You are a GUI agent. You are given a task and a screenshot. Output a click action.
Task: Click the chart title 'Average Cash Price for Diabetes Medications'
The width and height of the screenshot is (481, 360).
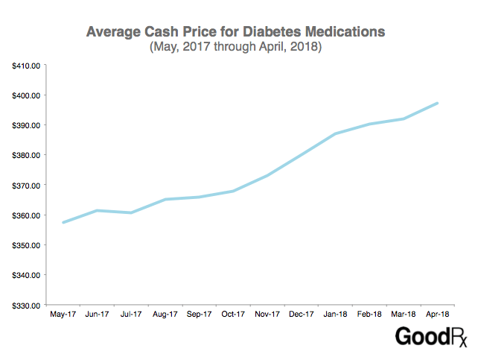pos(235,32)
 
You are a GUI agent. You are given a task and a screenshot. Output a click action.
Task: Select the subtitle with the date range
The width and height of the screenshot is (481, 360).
pos(235,48)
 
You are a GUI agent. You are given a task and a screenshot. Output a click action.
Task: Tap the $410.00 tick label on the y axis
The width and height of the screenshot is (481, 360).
pos(26,66)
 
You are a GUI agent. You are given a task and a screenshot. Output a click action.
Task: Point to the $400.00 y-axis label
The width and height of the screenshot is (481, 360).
pos(26,95)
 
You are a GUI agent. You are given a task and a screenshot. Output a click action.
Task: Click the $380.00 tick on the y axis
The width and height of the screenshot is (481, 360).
pos(26,155)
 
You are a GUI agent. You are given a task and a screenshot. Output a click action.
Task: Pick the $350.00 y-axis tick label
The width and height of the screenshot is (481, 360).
pos(26,245)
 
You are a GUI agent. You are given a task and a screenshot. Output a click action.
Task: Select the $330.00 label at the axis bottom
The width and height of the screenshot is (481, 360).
pos(26,305)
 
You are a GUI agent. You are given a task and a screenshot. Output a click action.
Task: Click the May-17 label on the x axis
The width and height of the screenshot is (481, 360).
pos(63,315)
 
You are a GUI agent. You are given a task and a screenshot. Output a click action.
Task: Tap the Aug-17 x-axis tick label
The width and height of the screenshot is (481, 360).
pos(165,315)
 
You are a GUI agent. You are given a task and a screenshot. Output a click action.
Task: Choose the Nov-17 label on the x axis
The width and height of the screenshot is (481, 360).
pos(267,315)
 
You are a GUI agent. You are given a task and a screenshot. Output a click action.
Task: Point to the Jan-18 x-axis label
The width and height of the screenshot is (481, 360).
pos(335,315)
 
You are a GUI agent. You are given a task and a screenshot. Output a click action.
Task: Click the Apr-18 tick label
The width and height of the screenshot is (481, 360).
pos(437,315)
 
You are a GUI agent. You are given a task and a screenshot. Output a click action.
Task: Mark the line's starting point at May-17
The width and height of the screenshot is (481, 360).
pos(63,222)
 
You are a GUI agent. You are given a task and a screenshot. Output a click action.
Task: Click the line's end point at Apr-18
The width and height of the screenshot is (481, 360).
pos(437,103)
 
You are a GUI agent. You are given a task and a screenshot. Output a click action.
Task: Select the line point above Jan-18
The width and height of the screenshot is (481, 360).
pos(335,134)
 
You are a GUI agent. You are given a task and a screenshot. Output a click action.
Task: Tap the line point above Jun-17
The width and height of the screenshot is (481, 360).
pos(97,210)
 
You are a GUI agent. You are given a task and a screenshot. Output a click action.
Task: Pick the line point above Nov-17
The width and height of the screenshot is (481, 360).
pos(267,175)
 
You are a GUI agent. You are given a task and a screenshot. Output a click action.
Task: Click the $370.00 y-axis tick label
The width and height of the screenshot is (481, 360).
pos(26,186)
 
